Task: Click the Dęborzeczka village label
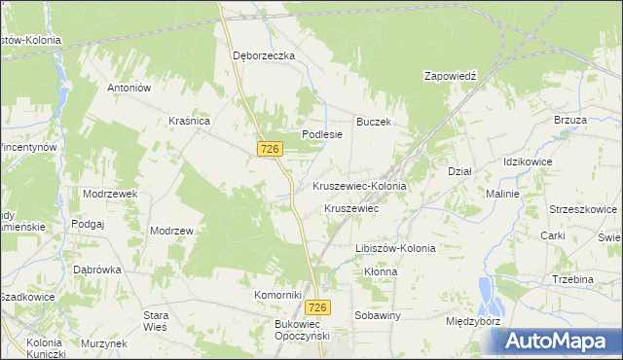point(263,55)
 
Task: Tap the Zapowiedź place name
point(454,75)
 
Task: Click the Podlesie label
point(322,135)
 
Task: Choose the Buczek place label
point(373,122)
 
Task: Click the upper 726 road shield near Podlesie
point(271,148)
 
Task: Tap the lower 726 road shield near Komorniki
point(322,306)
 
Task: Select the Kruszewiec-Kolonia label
point(359,185)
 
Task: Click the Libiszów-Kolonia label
point(395,248)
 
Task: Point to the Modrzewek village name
point(110,194)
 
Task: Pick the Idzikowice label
point(528,161)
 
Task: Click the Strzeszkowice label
point(583,208)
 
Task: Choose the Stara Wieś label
point(156,321)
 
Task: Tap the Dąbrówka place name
point(96,270)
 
